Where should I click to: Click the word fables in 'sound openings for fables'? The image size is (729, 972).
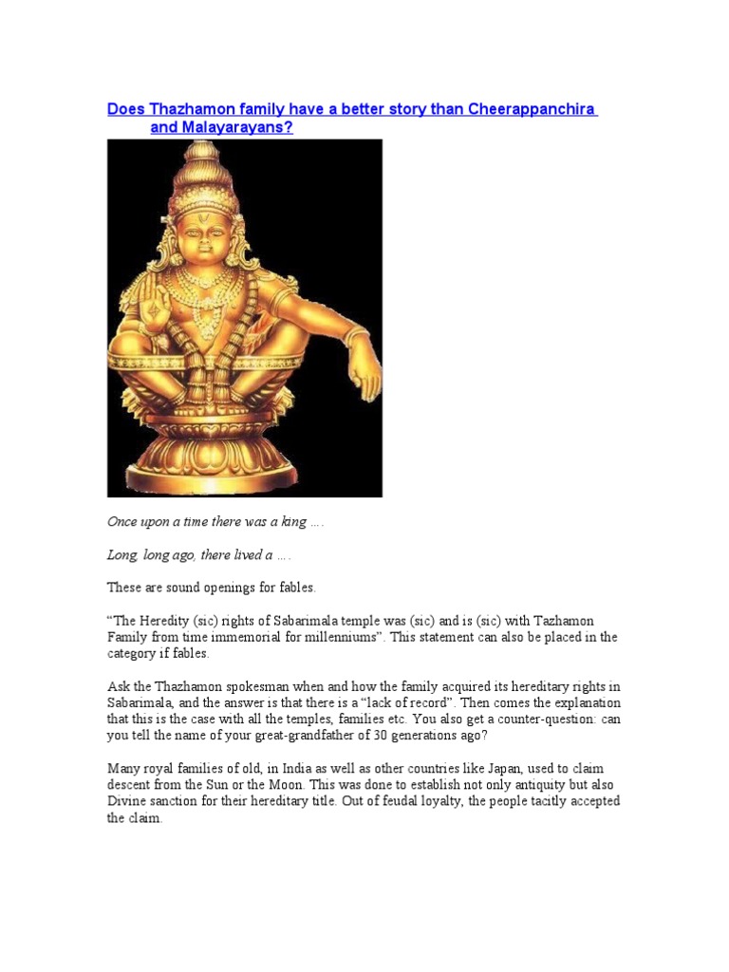coord(294,588)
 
